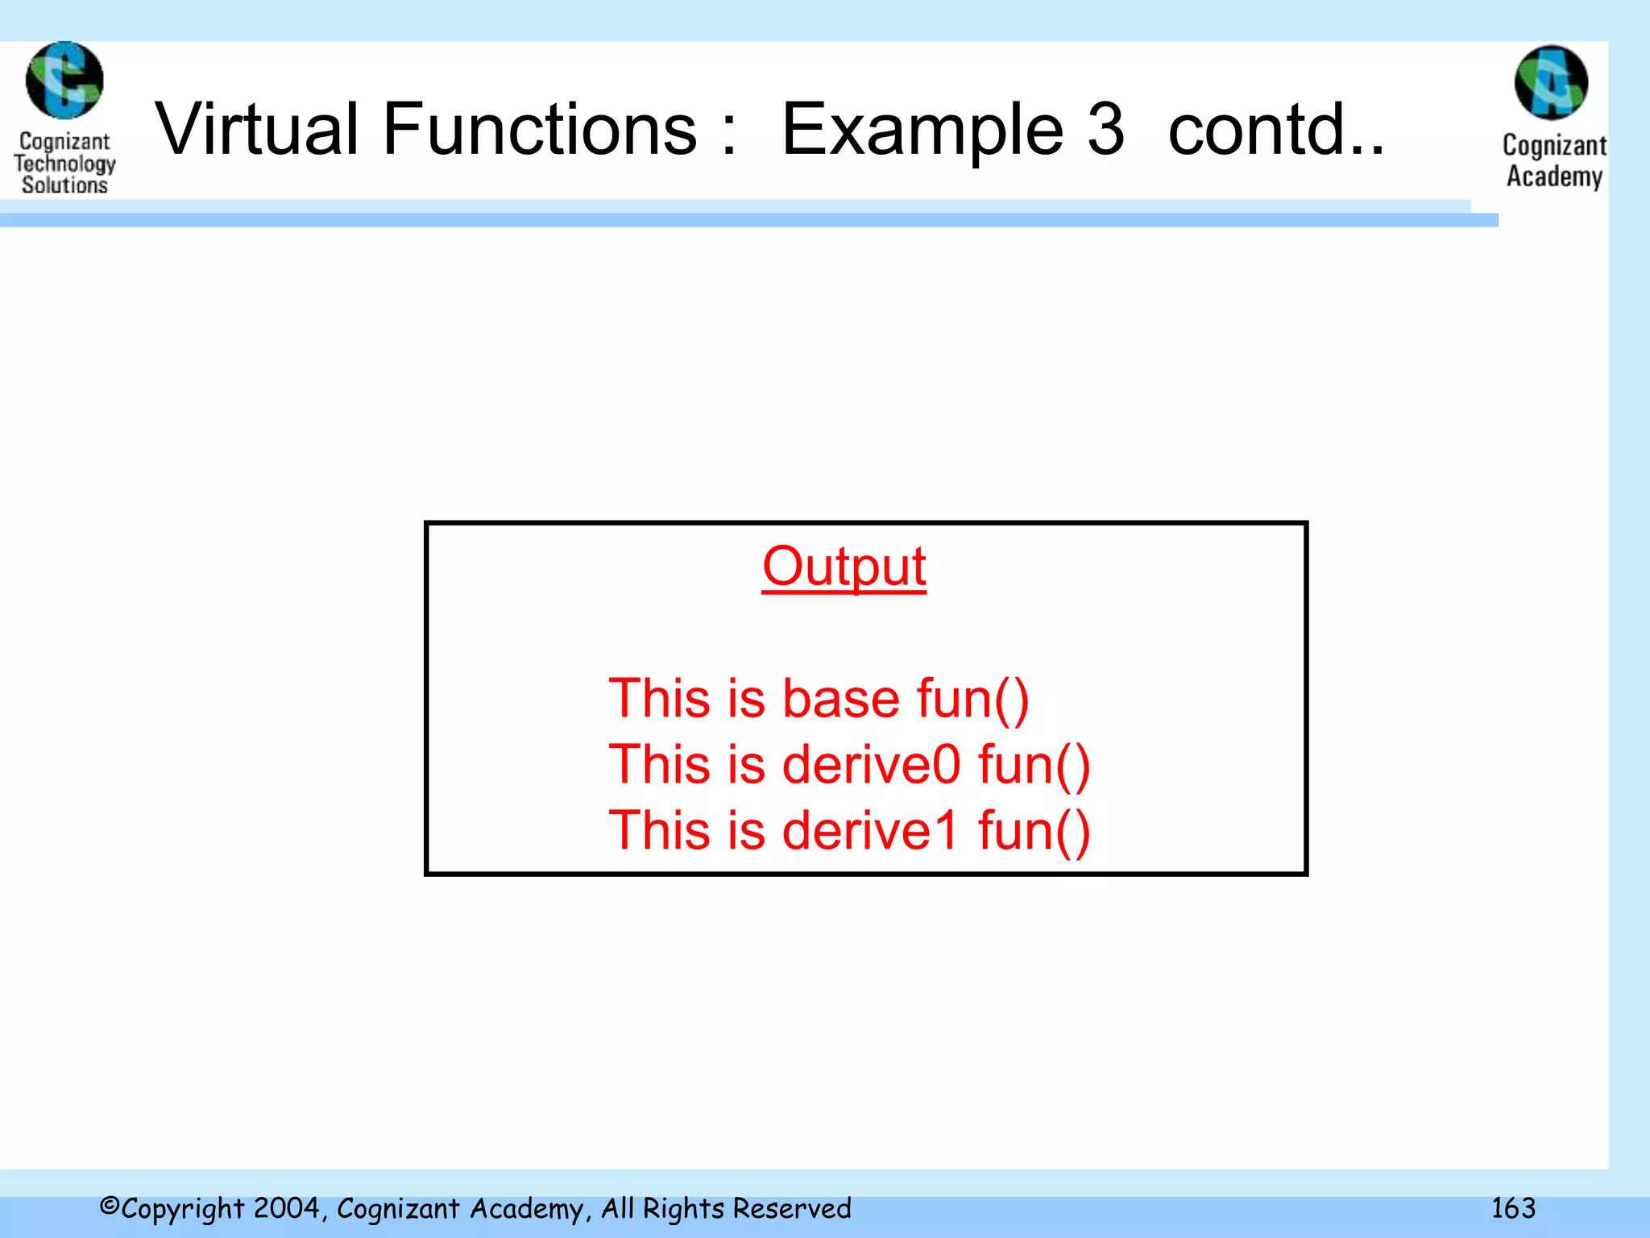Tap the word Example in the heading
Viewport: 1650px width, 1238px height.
pyautogui.click(x=922, y=131)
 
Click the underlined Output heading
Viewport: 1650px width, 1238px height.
pyautogui.click(x=844, y=567)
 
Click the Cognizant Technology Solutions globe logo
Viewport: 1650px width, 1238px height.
pyautogui.click(x=64, y=81)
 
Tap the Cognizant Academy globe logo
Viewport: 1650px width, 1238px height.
pyautogui.click(x=1551, y=82)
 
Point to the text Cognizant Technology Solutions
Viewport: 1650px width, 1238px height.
pyautogui.click(x=64, y=164)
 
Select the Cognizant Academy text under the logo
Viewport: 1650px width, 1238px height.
pyautogui.click(x=1554, y=161)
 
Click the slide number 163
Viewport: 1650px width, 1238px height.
pyautogui.click(x=1513, y=1208)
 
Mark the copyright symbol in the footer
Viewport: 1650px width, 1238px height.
pyautogui.click(x=110, y=1207)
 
